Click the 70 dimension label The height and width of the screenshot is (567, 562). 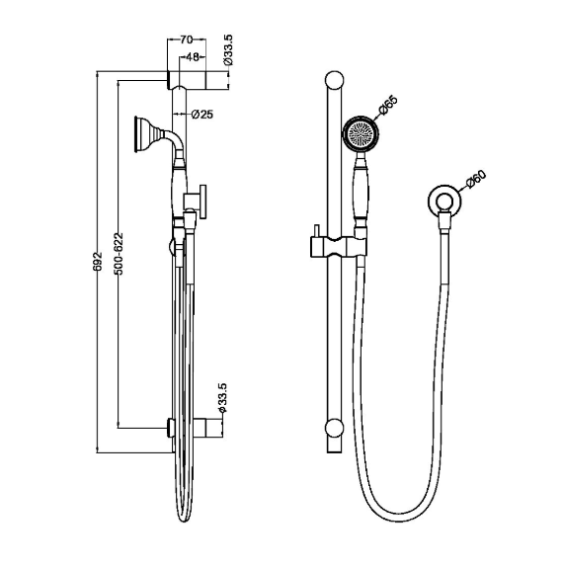pyautogui.click(x=187, y=40)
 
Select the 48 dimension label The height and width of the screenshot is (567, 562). pyautogui.click(x=193, y=56)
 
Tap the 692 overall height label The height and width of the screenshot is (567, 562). pyautogui.click(x=98, y=261)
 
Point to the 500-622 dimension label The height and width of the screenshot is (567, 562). pyautogui.click(x=119, y=254)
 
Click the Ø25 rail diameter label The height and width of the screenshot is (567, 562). pyautogui.click(x=202, y=115)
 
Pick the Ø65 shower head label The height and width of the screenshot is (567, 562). pyautogui.click(x=388, y=106)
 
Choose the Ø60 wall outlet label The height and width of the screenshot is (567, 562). pyautogui.click(x=476, y=180)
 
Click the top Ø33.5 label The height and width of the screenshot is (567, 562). pyautogui.click(x=228, y=50)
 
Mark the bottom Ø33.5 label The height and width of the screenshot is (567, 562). pyautogui.click(x=221, y=398)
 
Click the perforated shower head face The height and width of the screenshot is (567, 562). pyautogui.click(x=361, y=132)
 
